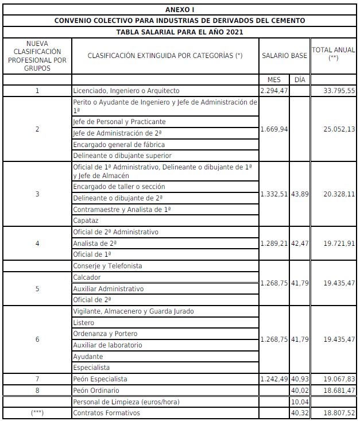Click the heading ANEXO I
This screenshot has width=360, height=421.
[x=180, y=10]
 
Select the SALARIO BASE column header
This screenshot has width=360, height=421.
[x=284, y=55]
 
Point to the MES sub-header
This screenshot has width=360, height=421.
[x=274, y=80]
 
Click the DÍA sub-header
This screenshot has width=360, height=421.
[x=300, y=80]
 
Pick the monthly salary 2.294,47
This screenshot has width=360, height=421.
[x=274, y=91]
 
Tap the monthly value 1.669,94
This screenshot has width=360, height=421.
[x=274, y=129]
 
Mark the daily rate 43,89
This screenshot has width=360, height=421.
[x=300, y=194]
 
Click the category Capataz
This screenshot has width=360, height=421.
[x=86, y=221]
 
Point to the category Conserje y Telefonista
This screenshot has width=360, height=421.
[x=107, y=266]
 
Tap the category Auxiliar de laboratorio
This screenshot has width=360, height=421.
[x=107, y=345]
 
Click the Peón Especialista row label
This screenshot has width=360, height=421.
[x=100, y=379]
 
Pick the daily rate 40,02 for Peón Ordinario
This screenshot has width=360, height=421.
[x=300, y=391]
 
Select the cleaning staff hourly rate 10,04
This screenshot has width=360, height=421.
[x=300, y=401]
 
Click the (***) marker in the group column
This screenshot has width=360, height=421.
[x=37, y=413]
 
